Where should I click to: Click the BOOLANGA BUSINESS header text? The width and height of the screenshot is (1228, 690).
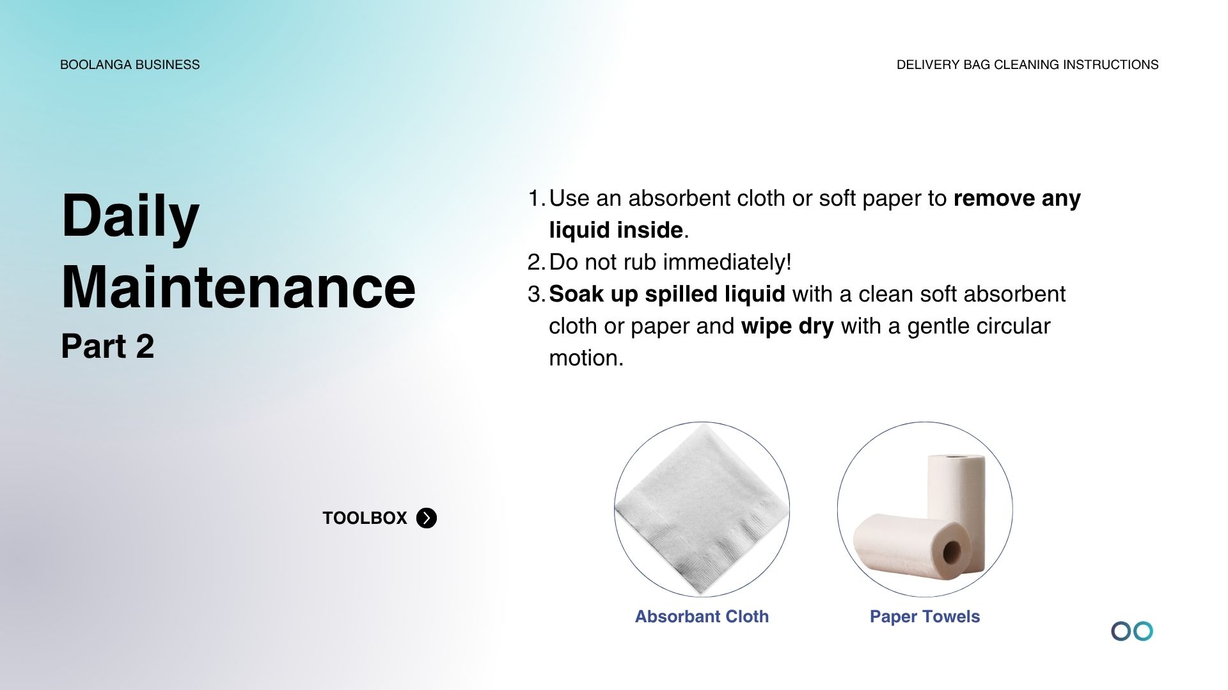(130, 65)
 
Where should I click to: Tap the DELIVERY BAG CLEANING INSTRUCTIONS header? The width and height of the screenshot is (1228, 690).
(1027, 65)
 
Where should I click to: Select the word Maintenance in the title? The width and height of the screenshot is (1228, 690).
(239, 287)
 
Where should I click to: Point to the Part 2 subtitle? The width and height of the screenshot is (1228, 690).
(107, 346)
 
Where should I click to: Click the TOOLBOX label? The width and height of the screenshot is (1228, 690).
(365, 517)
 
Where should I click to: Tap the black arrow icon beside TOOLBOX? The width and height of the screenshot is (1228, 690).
(427, 517)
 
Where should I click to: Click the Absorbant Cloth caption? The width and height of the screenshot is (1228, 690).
(702, 617)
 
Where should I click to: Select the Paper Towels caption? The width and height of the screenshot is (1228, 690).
(925, 617)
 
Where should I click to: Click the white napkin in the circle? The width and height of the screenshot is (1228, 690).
(702, 509)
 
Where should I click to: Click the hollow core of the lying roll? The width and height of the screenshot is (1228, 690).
(952, 552)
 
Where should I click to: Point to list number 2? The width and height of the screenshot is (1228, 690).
(536, 262)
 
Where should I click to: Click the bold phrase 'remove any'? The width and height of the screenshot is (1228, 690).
(1017, 199)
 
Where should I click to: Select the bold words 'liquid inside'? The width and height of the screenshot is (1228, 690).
(616, 230)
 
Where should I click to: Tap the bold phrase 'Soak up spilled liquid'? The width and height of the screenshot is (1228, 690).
(667, 294)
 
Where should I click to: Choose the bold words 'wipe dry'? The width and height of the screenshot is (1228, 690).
(787, 326)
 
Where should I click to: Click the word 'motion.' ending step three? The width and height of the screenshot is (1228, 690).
(586, 358)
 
